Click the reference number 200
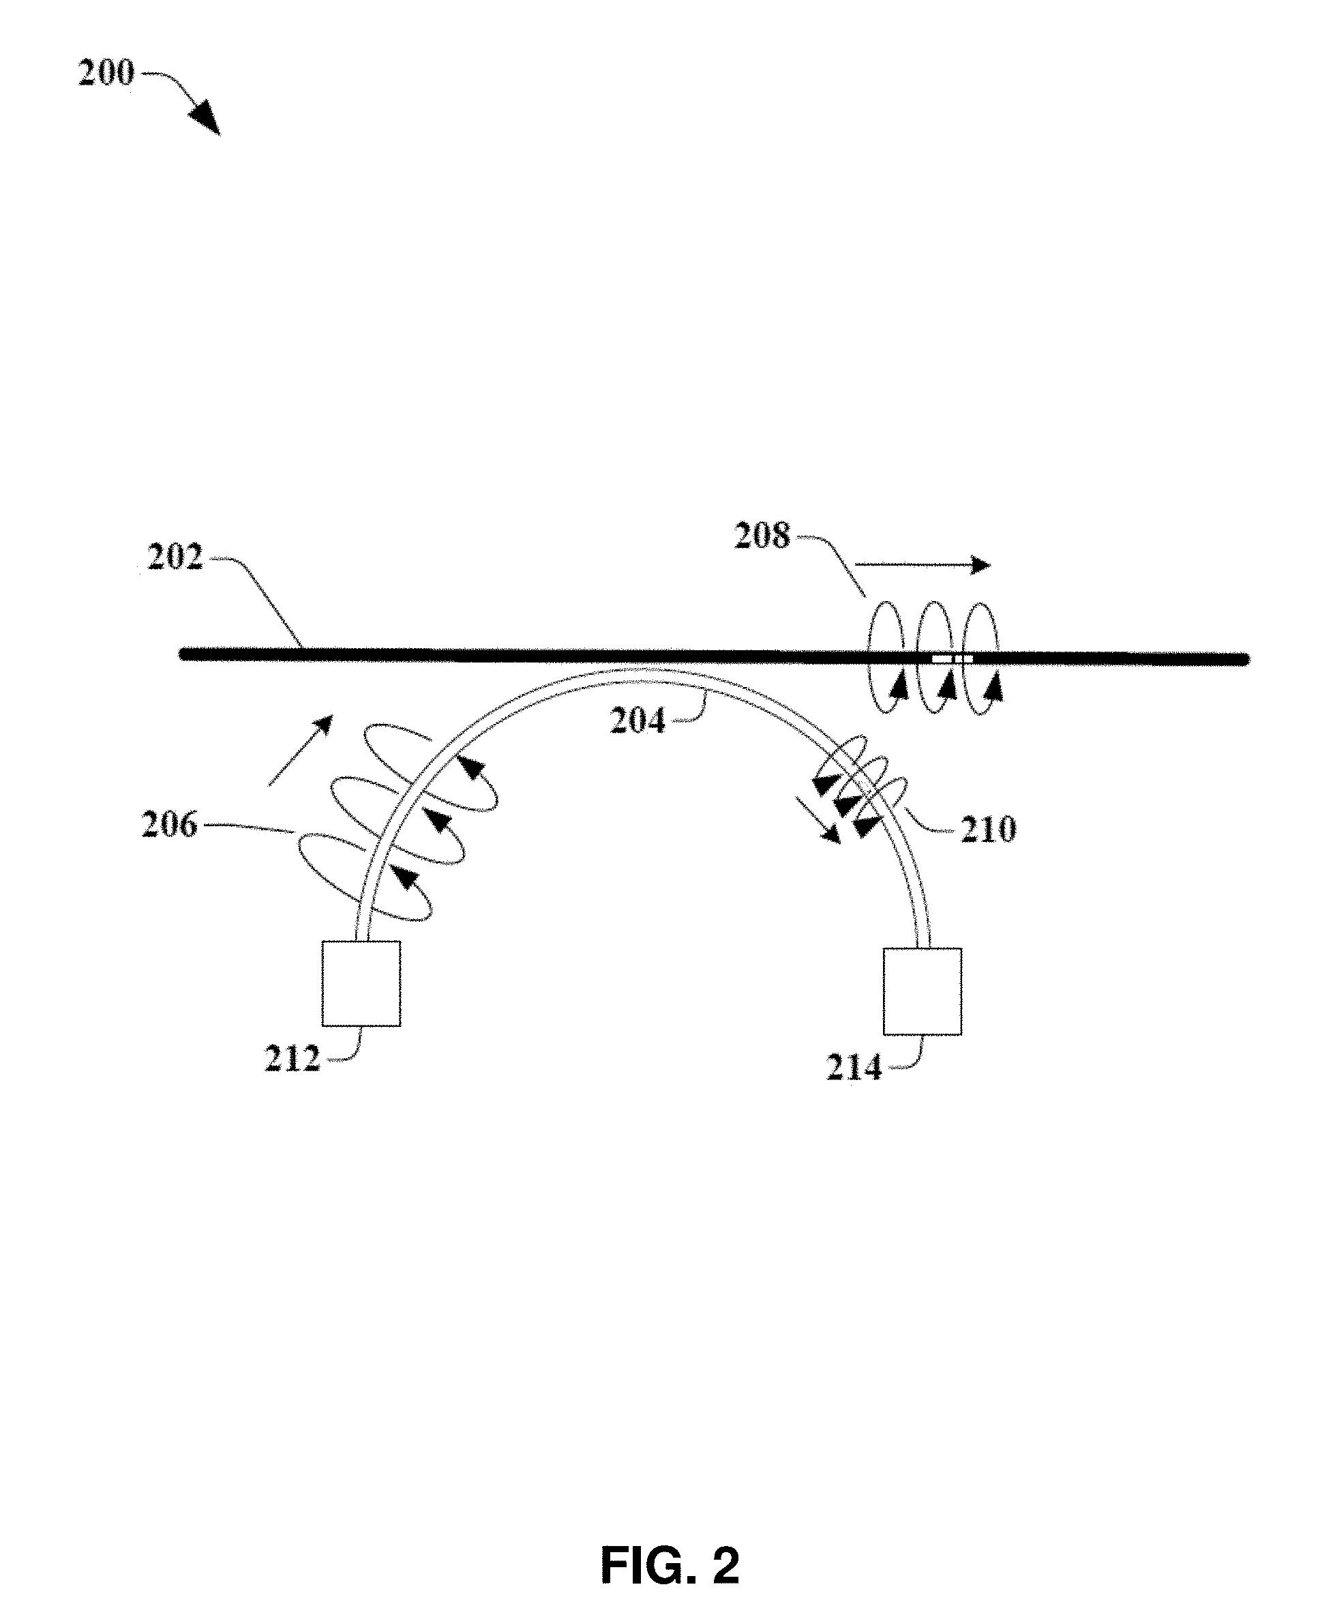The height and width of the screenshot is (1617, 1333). point(106,73)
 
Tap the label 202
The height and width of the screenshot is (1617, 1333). point(175,557)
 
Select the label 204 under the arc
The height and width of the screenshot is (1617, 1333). point(638,721)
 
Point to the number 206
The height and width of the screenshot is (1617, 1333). point(170,825)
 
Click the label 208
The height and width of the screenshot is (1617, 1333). point(762,536)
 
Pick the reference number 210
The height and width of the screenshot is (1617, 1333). point(988,830)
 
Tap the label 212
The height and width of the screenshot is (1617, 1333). point(292,1060)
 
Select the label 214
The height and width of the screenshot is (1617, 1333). point(854,1068)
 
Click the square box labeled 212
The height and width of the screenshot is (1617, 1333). point(361,983)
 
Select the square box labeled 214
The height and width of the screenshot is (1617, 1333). point(923,992)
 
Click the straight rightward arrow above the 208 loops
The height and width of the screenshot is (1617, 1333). point(923,566)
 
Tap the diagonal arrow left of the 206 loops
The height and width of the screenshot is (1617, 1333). point(301,750)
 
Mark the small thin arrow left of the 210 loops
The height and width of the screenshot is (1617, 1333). point(818,820)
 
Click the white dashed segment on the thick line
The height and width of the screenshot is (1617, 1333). point(952,658)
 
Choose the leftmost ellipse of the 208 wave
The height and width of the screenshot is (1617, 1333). point(886,658)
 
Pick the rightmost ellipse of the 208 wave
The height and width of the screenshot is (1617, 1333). point(980,658)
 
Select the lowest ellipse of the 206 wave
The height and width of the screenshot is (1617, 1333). point(364,877)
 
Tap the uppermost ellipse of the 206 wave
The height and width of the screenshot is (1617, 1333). point(430,768)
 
